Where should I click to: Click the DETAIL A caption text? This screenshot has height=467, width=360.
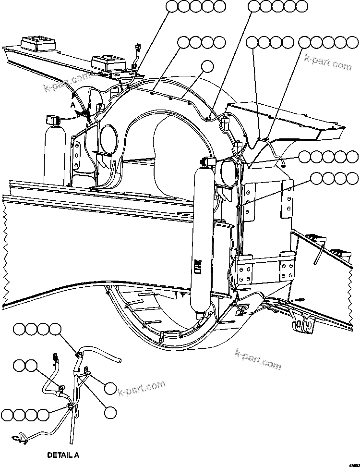[x=63, y=454]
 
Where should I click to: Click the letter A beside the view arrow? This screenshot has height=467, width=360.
[x=72, y=105]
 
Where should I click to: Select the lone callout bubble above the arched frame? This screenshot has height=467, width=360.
[x=207, y=66]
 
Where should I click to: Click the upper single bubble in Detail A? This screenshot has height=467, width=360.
[x=110, y=388]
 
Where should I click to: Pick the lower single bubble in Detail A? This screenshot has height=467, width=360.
[x=110, y=411]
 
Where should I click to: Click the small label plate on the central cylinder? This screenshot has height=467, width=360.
[x=196, y=265]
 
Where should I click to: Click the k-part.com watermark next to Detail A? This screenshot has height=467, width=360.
[x=142, y=389]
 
